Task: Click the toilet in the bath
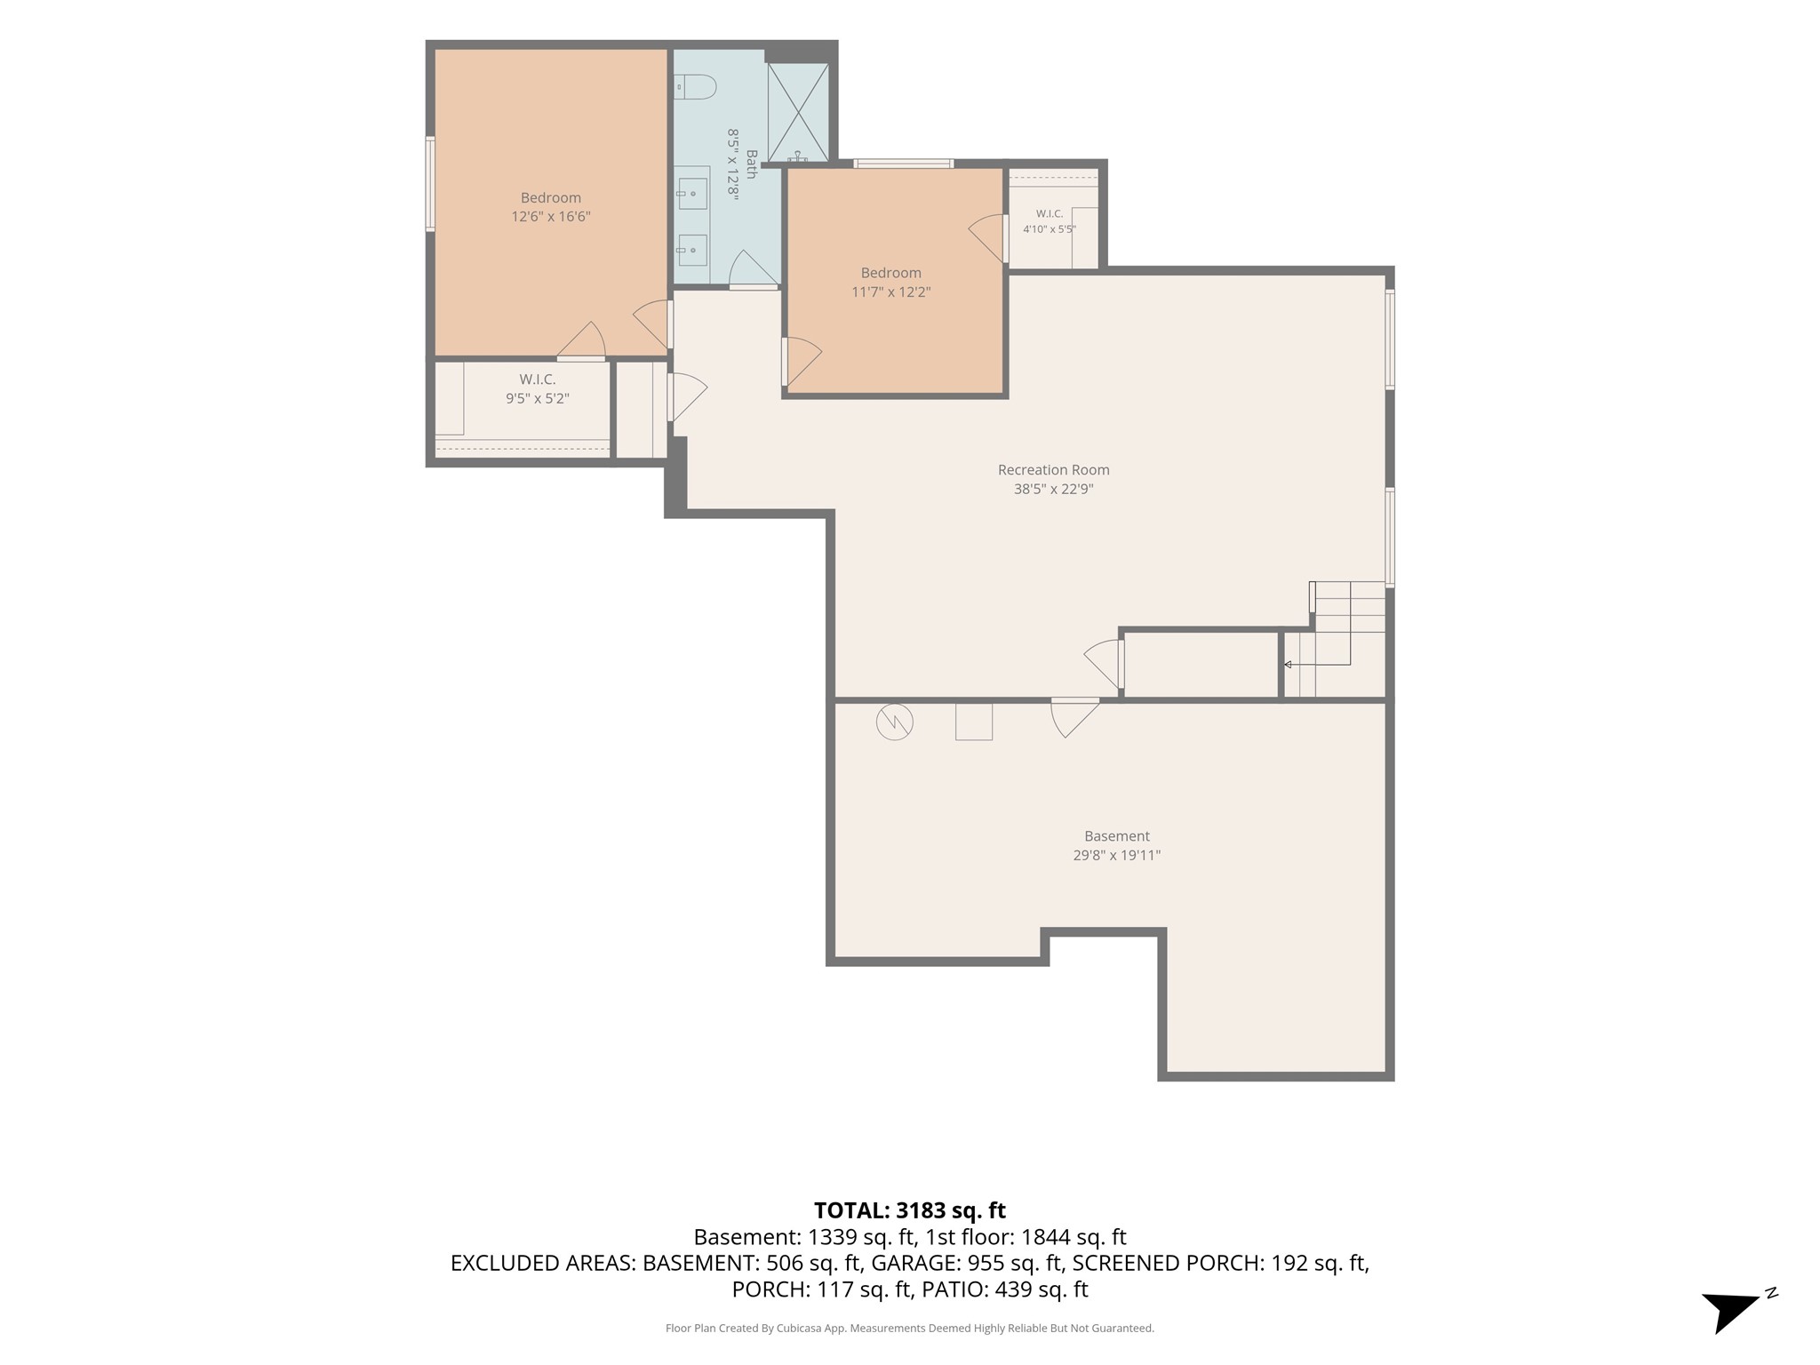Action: tap(695, 87)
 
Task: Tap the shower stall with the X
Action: tap(798, 112)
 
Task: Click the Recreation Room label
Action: tap(1053, 470)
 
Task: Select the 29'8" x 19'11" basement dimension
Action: tap(1117, 856)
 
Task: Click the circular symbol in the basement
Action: tap(894, 722)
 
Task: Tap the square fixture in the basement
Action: tap(974, 721)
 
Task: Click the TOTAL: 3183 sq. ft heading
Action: tap(910, 1210)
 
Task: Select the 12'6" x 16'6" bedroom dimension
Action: tap(551, 217)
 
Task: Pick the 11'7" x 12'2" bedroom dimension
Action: tap(891, 291)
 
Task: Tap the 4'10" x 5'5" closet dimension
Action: tap(1050, 229)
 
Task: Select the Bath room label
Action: tap(751, 164)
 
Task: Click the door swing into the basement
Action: tap(1075, 718)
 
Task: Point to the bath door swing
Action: tap(754, 268)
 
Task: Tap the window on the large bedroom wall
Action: tap(430, 184)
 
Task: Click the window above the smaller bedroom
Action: tap(904, 164)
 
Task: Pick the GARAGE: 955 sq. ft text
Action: tap(967, 1263)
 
